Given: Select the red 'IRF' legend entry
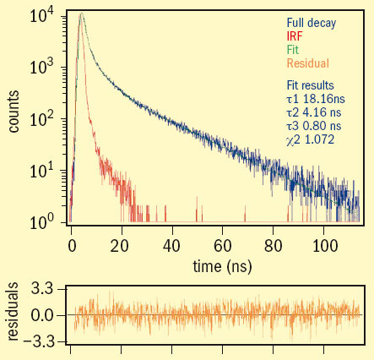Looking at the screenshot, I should tap(294, 37).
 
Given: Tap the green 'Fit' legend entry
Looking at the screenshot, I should tap(292, 50).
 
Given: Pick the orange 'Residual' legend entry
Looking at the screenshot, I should tap(307, 63).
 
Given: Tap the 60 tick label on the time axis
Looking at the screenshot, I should tap(223, 245).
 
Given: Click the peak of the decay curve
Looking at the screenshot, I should tap(80, 14).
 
